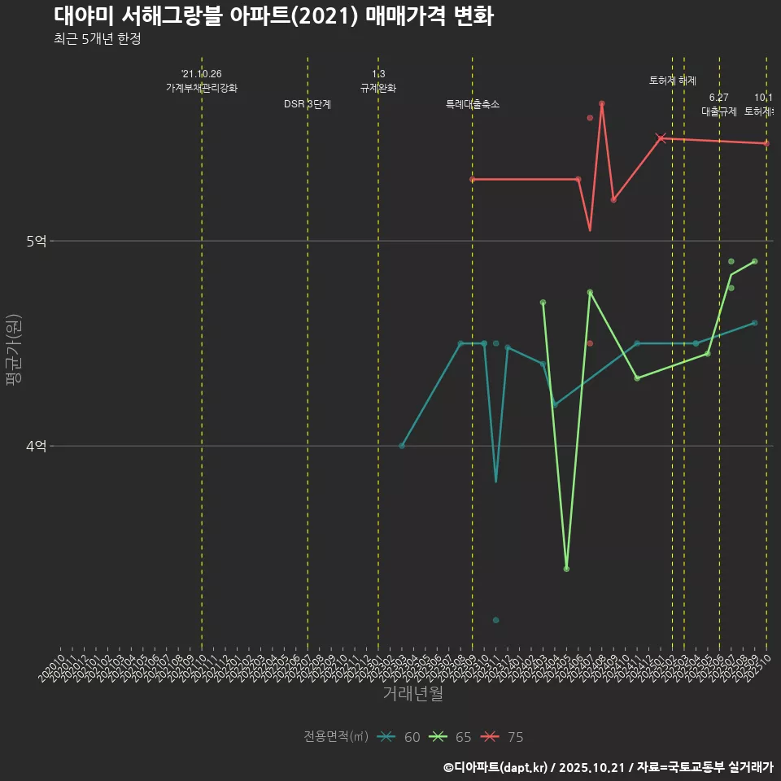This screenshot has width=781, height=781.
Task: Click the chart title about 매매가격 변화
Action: (x=273, y=16)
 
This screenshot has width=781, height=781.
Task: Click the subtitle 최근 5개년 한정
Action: (x=98, y=39)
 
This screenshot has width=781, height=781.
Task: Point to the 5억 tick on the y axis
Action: (x=37, y=241)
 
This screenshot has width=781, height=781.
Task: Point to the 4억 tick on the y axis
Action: (x=37, y=446)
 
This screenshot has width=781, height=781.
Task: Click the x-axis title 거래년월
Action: (x=412, y=694)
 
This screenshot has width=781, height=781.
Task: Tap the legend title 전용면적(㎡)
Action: (x=335, y=737)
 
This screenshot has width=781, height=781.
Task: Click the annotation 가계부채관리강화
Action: (x=202, y=88)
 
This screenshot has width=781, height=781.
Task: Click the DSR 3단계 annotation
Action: (x=308, y=105)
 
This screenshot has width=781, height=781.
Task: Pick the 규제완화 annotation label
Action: (x=378, y=88)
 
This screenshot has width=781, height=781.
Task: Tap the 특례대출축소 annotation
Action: (x=473, y=105)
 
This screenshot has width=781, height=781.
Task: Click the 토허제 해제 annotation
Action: (x=673, y=81)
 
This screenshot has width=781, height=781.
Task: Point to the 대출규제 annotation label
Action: (x=719, y=111)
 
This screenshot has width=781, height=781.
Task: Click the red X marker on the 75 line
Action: (x=661, y=138)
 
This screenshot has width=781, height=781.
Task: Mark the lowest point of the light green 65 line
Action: (x=566, y=569)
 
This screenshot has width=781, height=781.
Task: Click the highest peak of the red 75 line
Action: (x=602, y=104)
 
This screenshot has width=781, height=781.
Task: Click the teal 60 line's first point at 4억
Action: (x=402, y=446)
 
